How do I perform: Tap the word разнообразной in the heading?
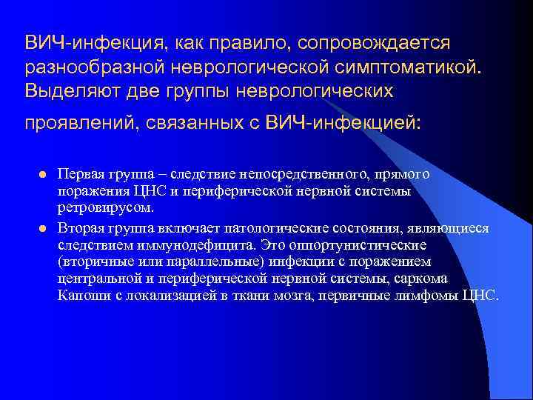(x=103, y=68)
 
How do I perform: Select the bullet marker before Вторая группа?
(x=41, y=228)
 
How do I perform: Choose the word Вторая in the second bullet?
(x=84, y=228)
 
